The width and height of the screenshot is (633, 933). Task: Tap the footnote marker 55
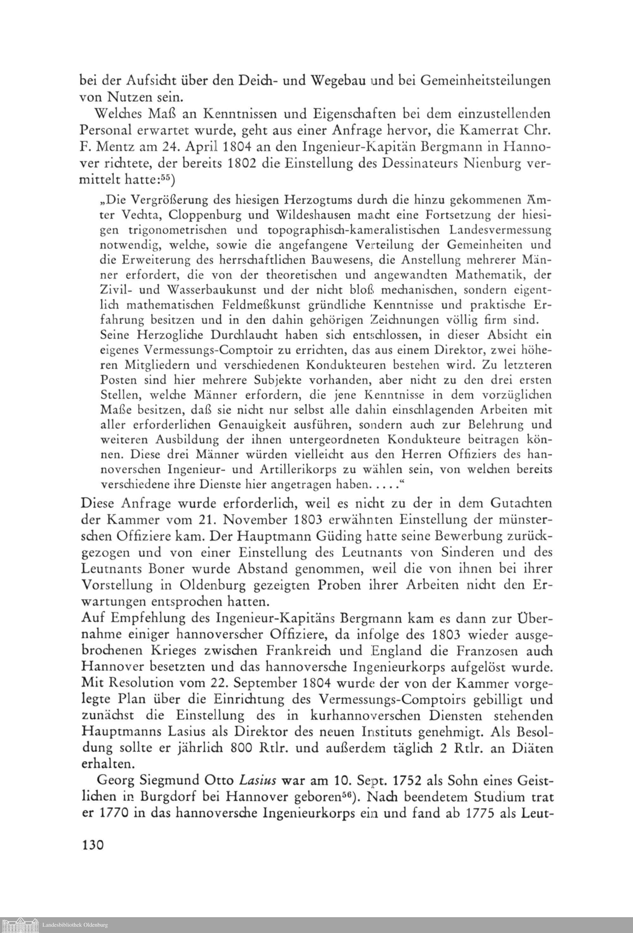[166, 180]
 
